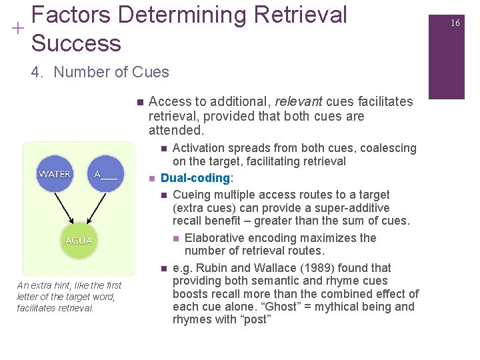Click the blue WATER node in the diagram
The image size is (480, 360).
[x=55, y=174]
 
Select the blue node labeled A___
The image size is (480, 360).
[x=105, y=174]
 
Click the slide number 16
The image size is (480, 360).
[x=455, y=23]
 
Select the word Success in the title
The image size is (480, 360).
[x=76, y=43]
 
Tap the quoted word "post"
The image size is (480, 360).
[x=257, y=320]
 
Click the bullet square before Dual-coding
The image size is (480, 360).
[x=152, y=179]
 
